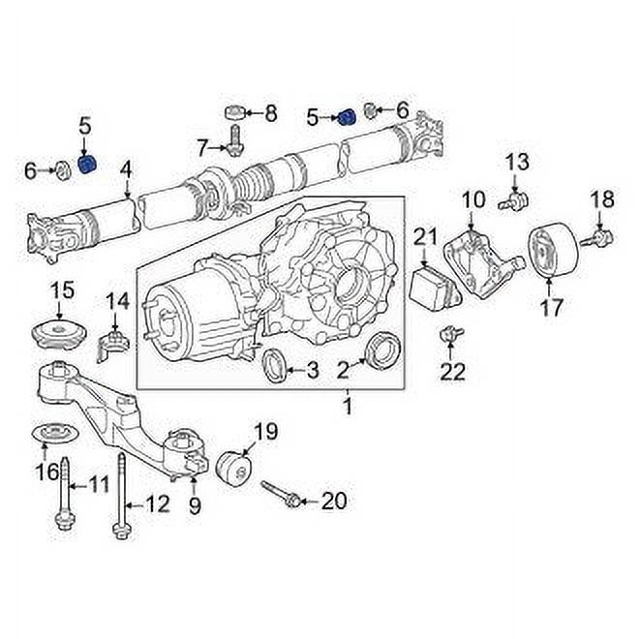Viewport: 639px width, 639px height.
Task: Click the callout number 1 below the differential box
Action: [x=347, y=408]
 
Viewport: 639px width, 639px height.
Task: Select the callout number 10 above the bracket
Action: [x=472, y=201]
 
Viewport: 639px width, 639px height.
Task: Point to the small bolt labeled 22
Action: [x=449, y=336]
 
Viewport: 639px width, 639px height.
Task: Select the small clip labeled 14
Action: [x=115, y=342]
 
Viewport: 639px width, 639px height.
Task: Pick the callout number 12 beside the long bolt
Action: [x=157, y=503]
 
